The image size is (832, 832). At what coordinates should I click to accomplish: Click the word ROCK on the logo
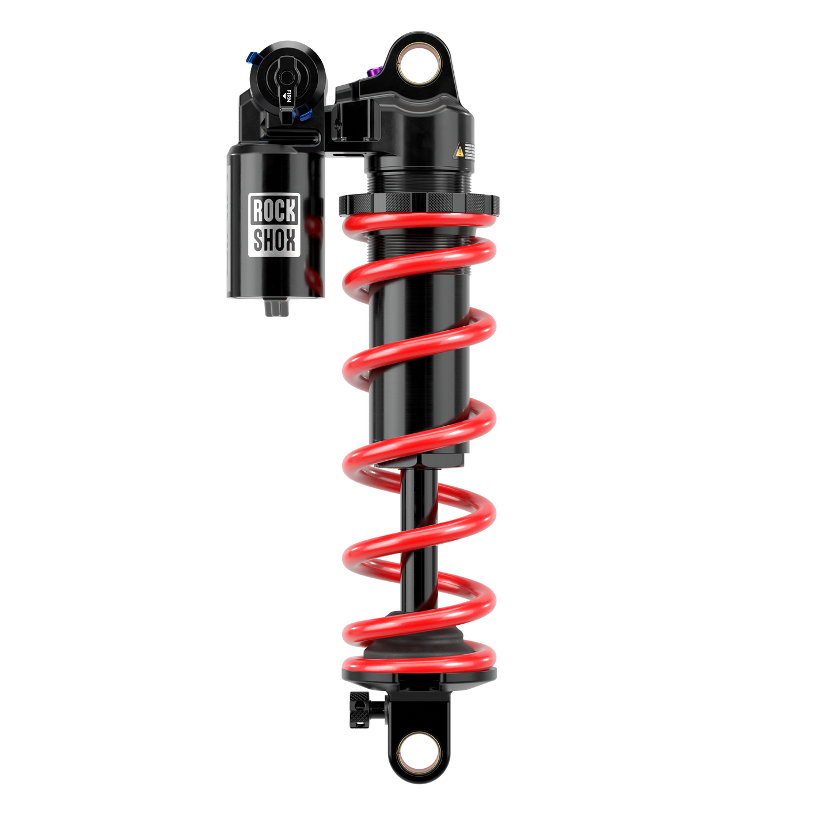(x=274, y=211)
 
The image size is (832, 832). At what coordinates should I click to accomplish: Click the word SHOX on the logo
(x=274, y=239)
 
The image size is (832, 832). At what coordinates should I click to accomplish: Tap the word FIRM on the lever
(x=288, y=96)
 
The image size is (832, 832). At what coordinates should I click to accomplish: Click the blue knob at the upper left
(x=253, y=58)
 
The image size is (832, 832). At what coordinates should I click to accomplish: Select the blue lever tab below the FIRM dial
(x=304, y=113)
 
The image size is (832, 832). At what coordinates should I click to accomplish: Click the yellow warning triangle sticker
(x=459, y=151)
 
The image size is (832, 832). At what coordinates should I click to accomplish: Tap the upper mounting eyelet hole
(x=419, y=63)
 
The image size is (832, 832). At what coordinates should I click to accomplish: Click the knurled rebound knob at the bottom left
(x=359, y=710)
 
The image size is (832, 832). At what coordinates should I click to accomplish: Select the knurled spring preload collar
(x=419, y=203)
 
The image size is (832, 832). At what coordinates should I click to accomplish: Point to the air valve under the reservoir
(x=276, y=308)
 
